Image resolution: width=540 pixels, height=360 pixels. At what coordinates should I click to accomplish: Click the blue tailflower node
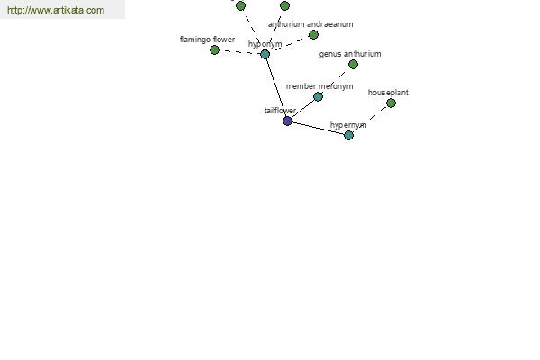pos(287,121)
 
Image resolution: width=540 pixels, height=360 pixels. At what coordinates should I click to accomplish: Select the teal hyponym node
pos(265,54)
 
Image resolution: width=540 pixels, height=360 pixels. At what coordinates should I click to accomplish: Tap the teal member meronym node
pos(319,97)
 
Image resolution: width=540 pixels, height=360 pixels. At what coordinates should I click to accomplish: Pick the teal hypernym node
pos(348,135)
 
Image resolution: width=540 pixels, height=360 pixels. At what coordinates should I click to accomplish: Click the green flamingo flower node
pos(214,50)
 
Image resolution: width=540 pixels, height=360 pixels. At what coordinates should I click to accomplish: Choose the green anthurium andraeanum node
pos(313,34)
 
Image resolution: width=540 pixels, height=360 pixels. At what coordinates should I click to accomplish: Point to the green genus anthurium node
pos(353,65)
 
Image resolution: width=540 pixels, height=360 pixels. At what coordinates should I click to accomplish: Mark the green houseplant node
pos(391,103)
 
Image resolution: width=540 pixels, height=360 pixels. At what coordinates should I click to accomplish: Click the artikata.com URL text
pos(56,10)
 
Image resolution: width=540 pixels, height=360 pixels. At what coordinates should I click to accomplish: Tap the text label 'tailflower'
pos(280,111)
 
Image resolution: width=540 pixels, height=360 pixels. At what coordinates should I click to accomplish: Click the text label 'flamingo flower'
pos(207,40)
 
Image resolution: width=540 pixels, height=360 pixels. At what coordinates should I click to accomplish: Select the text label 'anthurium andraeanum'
pos(310,24)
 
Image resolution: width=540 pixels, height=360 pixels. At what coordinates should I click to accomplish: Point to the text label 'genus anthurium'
pos(350,54)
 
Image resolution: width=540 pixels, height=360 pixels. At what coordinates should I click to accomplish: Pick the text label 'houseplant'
pos(388,93)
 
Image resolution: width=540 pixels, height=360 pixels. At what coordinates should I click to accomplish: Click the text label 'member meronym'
pos(319,86)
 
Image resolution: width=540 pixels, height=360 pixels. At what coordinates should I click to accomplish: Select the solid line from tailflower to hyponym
pos(276,87)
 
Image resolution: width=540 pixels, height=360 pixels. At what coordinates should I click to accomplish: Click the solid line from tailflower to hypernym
pos(318,128)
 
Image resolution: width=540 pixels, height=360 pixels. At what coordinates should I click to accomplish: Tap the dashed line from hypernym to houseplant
pos(370,119)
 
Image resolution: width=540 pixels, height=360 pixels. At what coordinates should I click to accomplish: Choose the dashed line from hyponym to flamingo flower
pos(239,52)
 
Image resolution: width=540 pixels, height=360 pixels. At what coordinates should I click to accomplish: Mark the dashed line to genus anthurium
pos(336,81)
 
